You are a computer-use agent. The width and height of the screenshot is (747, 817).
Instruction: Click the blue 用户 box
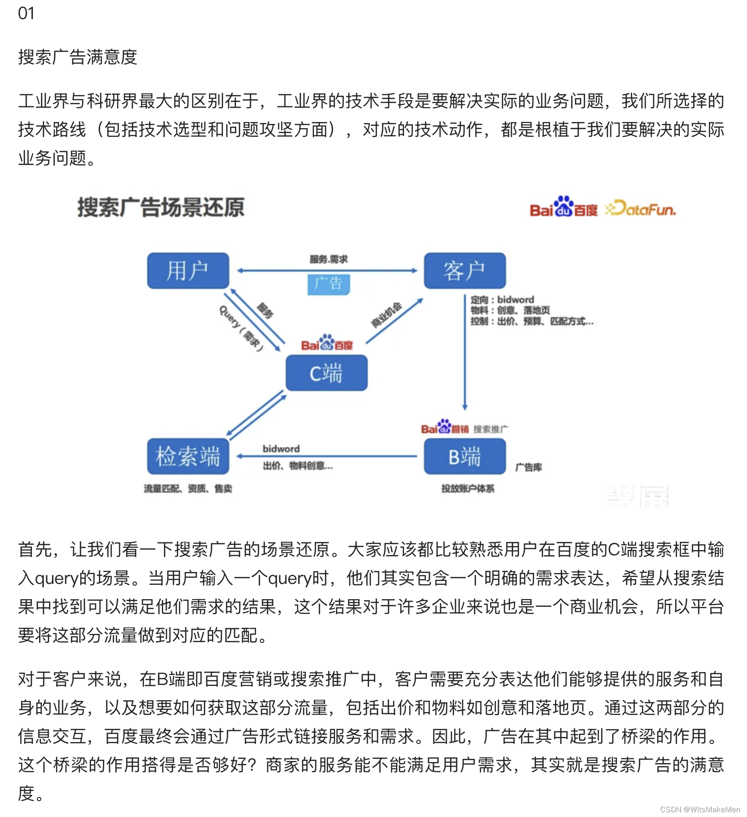[x=188, y=271]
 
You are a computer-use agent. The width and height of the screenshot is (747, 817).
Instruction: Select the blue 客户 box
[x=464, y=271]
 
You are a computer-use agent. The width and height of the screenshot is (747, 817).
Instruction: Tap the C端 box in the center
[x=326, y=373]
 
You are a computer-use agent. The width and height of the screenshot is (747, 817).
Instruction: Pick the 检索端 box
[x=188, y=456]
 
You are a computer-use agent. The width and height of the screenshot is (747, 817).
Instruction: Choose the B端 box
[x=464, y=456]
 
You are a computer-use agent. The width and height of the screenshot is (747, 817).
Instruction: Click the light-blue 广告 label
[x=328, y=284]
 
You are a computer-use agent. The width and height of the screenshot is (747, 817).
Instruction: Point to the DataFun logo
[x=640, y=209]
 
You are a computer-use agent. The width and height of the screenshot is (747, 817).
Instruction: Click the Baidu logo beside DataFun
[x=563, y=207]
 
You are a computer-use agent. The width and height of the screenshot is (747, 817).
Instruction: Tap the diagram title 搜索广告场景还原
[x=161, y=207]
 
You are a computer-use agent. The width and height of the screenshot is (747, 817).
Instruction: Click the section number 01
[x=26, y=13]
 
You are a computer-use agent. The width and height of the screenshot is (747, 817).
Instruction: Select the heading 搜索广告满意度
[x=78, y=57]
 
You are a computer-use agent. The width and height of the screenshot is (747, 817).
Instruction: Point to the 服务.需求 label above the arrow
[x=328, y=259]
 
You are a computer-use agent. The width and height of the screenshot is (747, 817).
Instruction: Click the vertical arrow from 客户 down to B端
[x=465, y=353]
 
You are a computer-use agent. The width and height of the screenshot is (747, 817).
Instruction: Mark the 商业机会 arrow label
[x=387, y=315]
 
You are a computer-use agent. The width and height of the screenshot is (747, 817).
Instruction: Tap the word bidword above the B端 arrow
[x=281, y=449]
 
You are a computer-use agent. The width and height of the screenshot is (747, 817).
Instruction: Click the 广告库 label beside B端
[x=528, y=467]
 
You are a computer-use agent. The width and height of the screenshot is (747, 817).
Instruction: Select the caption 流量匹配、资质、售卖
[x=188, y=489]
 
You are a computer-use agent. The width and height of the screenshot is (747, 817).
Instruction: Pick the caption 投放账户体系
[x=467, y=489]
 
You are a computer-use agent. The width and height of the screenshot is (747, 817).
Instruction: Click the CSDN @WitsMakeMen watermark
[x=700, y=809]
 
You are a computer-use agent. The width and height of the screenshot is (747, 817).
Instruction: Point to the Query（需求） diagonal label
[x=241, y=328]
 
